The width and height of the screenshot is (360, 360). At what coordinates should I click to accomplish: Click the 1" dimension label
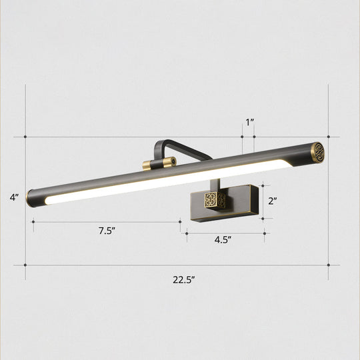[x=249, y=122]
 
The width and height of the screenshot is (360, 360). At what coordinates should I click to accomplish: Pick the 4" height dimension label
[x=14, y=197]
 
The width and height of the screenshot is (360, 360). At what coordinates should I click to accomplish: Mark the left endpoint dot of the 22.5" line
[x=25, y=265]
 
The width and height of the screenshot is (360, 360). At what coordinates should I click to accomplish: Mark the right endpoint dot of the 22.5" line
[x=329, y=265]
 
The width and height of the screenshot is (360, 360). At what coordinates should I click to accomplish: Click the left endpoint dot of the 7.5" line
[x=33, y=221]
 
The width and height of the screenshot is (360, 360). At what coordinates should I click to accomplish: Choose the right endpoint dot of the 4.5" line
[x=265, y=233]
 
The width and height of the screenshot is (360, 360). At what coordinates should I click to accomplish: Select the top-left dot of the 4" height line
[x=25, y=137]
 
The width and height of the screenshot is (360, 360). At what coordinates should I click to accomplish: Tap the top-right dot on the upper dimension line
[x=329, y=137]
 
